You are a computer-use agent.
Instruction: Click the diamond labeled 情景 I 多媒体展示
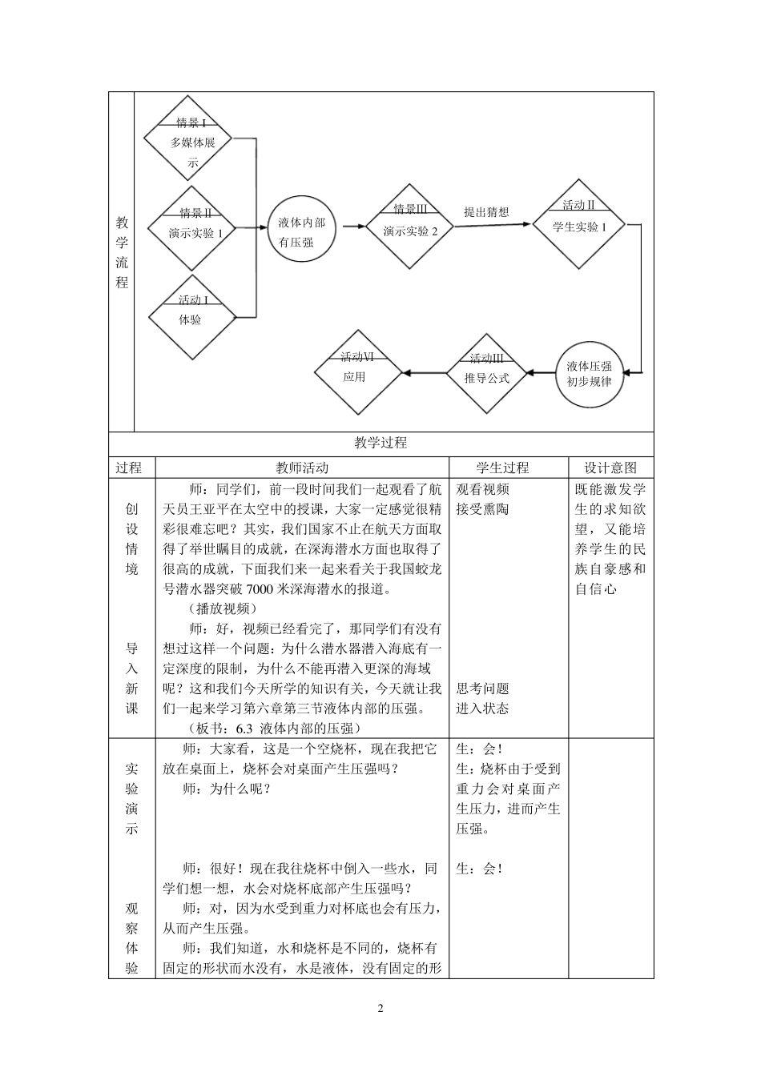187,143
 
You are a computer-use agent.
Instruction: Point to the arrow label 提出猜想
486,212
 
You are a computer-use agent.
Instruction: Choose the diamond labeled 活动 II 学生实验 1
579,225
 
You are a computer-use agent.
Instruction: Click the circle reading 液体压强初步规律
590,373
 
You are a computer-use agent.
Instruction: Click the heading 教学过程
380,443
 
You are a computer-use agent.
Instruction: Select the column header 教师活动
302,468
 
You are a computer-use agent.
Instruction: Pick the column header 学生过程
502,468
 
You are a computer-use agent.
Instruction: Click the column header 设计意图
611,468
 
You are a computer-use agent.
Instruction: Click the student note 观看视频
482,489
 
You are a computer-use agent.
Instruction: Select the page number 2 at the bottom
380,1008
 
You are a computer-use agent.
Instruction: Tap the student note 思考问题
482,689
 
